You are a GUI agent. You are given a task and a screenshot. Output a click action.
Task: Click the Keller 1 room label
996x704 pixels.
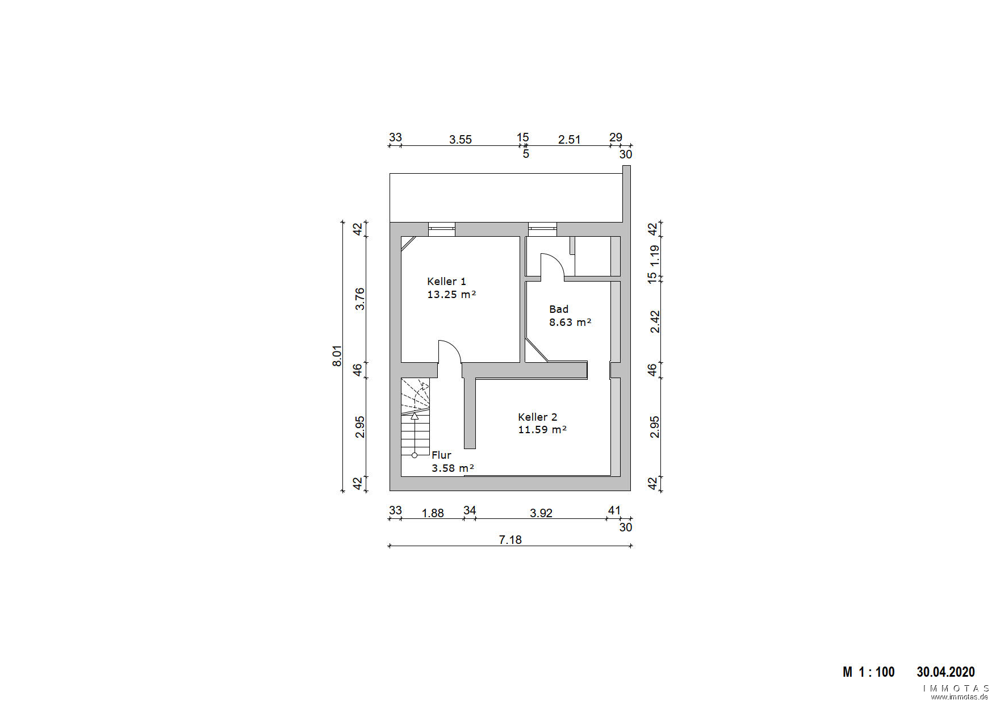pyautogui.click(x=446, y=282)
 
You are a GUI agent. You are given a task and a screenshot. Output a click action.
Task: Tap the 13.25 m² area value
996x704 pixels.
pyautogui.click(x=451, y=295)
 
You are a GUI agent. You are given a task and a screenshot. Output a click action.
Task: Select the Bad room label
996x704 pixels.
pyautogui.click(x=559, y=309)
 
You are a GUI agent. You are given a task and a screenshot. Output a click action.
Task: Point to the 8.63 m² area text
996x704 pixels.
pyautogui.click(x=570, y=322)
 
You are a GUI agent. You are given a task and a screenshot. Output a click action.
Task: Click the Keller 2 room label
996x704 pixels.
pyautogui.click(x=537, y=417)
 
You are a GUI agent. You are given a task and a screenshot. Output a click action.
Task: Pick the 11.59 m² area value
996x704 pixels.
pyautogui.click(x=542, y=430)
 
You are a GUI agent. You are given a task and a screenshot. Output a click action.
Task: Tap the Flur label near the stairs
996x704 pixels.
pyautogui.click(x=441, y=455)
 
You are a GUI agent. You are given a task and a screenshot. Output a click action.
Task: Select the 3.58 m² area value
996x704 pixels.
pyautogui.click(x=453, y=468)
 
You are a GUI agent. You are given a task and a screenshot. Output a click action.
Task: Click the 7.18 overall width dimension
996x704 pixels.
pyautogui.click(x=510, y=540)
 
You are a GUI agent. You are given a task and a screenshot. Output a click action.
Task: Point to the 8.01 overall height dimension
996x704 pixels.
pyautogui.click(x=337, y=356)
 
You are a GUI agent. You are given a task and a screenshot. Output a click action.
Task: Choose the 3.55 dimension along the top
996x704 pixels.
pyautogui.click(x=461, y=140)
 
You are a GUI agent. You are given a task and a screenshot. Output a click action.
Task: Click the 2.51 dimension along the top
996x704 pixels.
pyautogui.click(x=569, y=140)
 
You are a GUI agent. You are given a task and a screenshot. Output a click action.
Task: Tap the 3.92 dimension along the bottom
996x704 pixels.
pyautogui.click(x=541, y=513)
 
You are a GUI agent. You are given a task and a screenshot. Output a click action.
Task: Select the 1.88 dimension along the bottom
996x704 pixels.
pyautogui.click(x=433, y=513)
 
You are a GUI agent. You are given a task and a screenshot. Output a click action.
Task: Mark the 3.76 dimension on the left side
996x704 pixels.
pyautogui.click(x=359, y=299)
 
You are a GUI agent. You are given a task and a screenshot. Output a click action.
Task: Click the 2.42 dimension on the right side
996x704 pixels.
pyautogui.click(x=655, y=322)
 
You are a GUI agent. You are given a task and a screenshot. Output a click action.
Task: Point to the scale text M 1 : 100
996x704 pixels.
pyautogui.click(x=868, y=672)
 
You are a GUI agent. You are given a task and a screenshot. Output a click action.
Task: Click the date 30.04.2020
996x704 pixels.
pyautogui.click(x=945, y=672)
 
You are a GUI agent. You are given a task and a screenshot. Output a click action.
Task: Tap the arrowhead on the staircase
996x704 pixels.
pyautogui.click(x=415, y=416)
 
